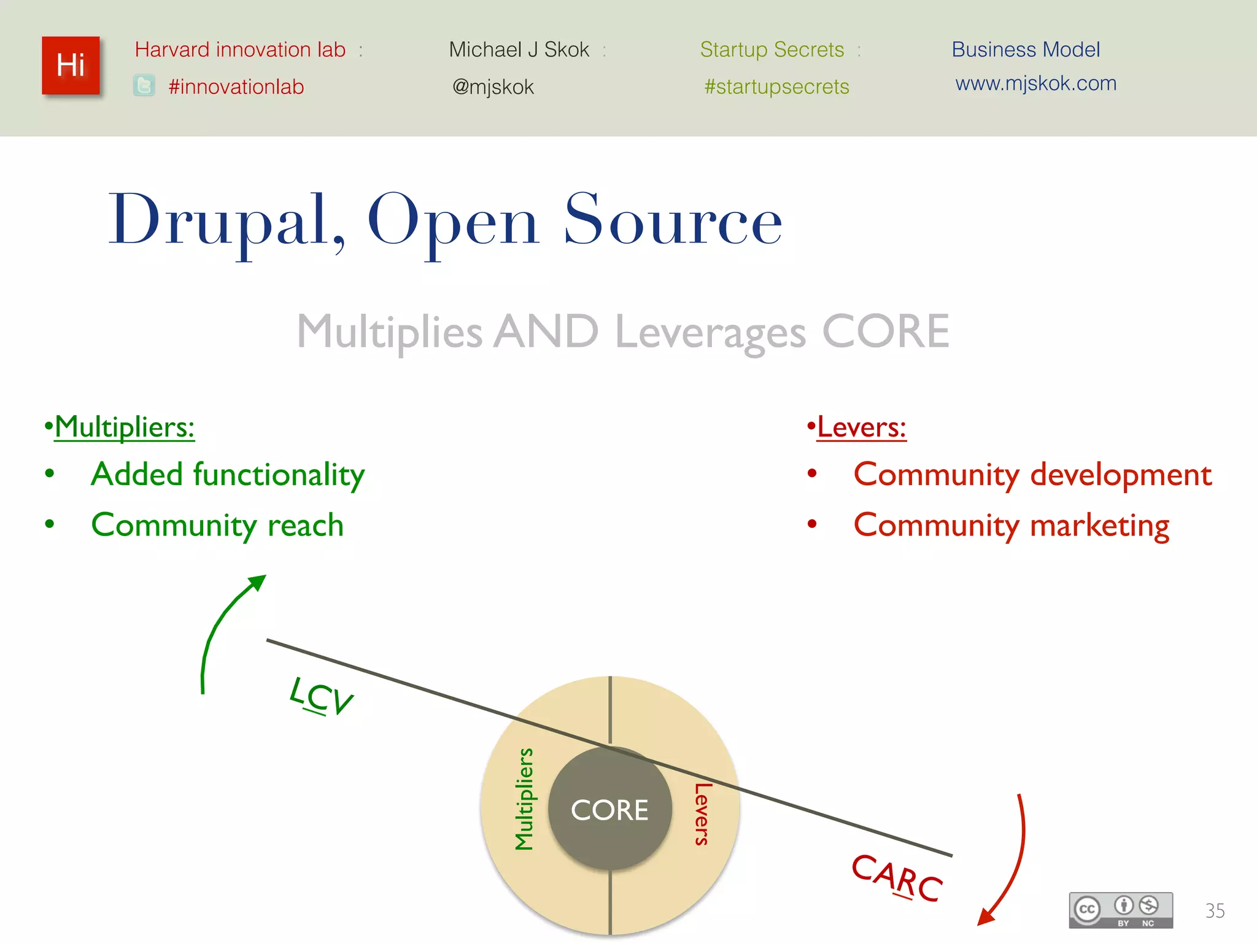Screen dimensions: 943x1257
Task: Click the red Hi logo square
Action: pyautogui.click(x=71, y=66)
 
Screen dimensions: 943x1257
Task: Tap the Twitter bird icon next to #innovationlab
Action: pyautogui.click(x=144, y=85)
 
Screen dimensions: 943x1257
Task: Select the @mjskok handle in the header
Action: pyautogui.click(x=493, y=87)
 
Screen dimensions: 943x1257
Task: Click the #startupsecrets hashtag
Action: pyautogui.click(x=776, y=87)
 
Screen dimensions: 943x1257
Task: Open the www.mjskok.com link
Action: pyautogui.click(x=1035, y=83)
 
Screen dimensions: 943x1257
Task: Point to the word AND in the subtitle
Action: pyautogui.click(x=546, y=332)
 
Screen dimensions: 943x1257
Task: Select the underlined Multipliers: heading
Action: pyautogui.click(x=125, y=427)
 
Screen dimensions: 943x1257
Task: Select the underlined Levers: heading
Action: pyautogui.click(x=861, y=427)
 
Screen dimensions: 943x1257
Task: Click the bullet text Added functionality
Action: pyautogui.click(x=228, y=475)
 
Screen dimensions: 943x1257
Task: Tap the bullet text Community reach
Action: pyautogui.click(x=217, y=526)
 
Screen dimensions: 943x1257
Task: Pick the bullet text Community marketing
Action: pyautogui.click(x=1011, y=526)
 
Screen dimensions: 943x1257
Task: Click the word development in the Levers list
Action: pyautogui.click(x=1121, y=475)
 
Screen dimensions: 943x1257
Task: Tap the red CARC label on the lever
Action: pyautogui.click(x=897, y=877)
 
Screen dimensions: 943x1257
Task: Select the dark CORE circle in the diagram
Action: pyautogui.click(x=609, y=810)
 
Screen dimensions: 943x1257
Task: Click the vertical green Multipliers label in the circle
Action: pyautogui.click(x=524, y=799)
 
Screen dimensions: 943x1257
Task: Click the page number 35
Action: pyautogui.click(x=1215, y=910)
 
